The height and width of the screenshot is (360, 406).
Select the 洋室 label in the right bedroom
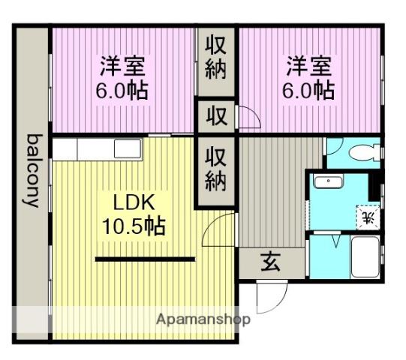point(308,66)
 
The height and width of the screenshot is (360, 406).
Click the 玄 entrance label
point(271,263)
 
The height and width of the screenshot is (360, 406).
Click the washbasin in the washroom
point(327,183)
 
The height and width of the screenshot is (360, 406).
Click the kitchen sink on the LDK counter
point(125,148)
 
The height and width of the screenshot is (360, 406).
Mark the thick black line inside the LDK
point(145,259)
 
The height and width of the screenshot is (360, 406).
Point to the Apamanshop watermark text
point(203,319)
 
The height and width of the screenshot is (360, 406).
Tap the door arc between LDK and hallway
point(219,227)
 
